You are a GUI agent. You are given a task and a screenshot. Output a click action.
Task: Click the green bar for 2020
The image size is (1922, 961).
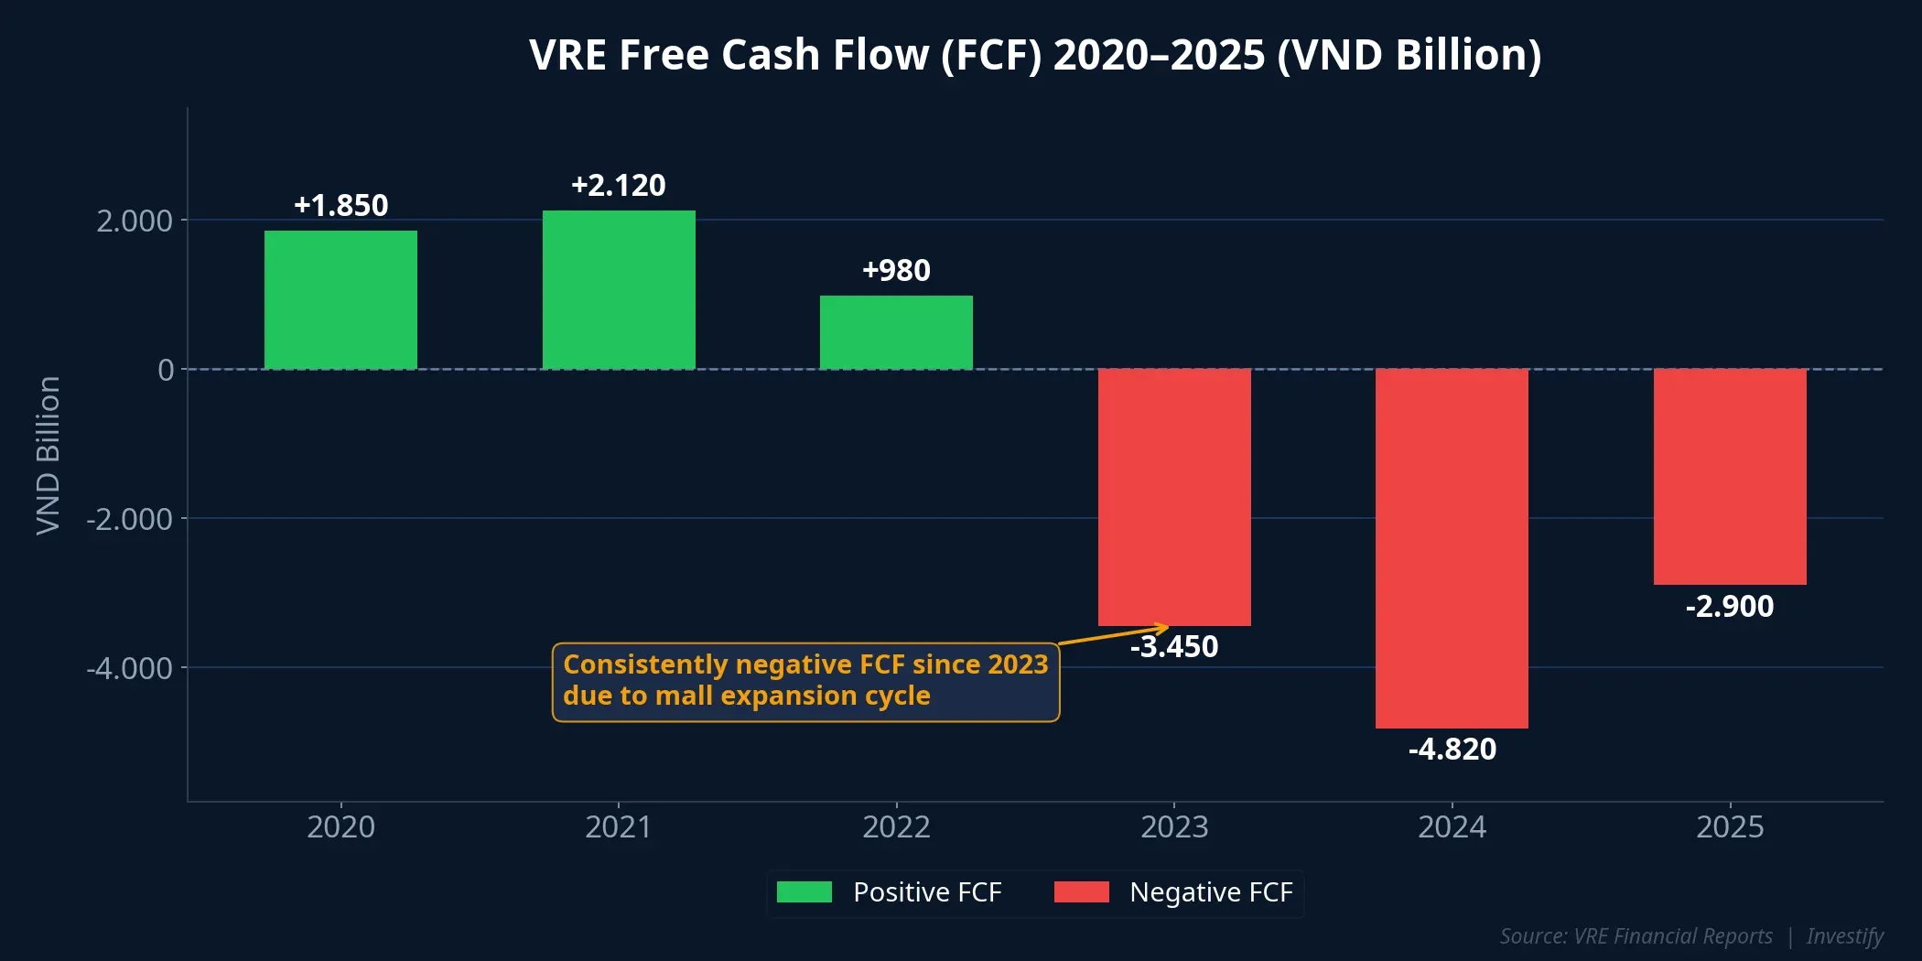coord(340,300)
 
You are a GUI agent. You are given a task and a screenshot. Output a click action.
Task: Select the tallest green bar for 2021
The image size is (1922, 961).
coord(619,290)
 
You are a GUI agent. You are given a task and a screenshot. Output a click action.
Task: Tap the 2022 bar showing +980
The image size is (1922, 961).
coord(896,332)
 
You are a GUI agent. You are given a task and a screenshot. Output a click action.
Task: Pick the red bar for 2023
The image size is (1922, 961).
coord(1174,497)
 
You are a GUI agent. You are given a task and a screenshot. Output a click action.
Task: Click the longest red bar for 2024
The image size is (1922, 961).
coord(1452,548)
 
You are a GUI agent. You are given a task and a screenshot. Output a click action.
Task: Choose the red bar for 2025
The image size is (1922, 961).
coord(1730,476)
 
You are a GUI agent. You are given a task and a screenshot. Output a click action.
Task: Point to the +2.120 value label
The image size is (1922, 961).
coord(619,186)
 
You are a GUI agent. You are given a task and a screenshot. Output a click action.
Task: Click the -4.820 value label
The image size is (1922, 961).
coord(1452,750)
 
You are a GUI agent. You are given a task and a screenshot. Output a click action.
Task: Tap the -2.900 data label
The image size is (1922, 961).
coord(1730,607)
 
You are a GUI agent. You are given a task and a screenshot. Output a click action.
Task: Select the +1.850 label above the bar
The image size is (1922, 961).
coord(340,206)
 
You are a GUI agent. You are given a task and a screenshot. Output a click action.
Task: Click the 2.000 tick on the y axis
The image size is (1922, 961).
coord(135,221)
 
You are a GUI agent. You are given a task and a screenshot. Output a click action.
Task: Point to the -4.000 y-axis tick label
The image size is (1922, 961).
coord(129,669)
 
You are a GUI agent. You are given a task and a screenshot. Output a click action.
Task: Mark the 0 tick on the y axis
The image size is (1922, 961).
coord(166,371)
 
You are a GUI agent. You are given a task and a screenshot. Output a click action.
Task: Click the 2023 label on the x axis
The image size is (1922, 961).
coord(1174,827)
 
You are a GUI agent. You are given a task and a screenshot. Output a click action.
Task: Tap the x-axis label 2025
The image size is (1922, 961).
coord(1730,827)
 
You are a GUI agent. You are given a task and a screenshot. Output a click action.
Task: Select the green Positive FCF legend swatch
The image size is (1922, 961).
coord(804,892)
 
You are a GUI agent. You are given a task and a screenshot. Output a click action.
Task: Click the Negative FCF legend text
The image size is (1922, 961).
coord(1211,892)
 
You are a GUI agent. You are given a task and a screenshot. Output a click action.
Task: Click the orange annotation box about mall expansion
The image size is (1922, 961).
coord(805,682)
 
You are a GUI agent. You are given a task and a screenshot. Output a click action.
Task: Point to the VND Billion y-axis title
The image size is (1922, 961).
coord(48,455)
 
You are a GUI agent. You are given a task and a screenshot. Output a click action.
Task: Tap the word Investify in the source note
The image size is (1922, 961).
coord(1844,936)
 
